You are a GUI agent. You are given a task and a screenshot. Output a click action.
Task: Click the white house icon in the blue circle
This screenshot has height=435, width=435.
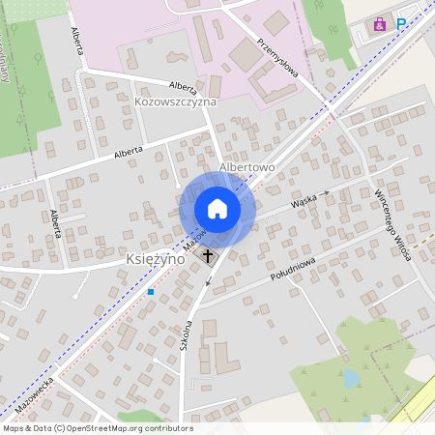(217, 209)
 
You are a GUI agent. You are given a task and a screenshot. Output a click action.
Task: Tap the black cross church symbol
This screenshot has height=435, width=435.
(208, 255)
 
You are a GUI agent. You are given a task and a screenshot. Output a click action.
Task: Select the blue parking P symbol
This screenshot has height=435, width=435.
(400, 24)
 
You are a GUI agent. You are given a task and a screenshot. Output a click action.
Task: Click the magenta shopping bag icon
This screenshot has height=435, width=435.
(380, 24)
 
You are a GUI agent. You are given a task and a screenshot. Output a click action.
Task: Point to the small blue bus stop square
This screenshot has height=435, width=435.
(151, 290)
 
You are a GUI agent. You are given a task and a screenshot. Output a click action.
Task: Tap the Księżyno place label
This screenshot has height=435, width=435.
(157, 259)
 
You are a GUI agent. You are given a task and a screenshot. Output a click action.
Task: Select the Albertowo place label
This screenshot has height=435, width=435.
(247, 167)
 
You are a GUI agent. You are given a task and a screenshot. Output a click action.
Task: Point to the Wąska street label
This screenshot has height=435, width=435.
(304, 202)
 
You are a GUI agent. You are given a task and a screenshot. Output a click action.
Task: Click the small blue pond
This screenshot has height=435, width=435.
(351, 379)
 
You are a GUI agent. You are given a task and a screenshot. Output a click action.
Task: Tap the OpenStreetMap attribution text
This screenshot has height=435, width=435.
(98, 427)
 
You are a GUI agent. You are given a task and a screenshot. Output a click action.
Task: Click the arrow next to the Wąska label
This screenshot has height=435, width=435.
(326, 193)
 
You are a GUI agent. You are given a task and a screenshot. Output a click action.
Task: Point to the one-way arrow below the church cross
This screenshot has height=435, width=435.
(207, 282)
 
